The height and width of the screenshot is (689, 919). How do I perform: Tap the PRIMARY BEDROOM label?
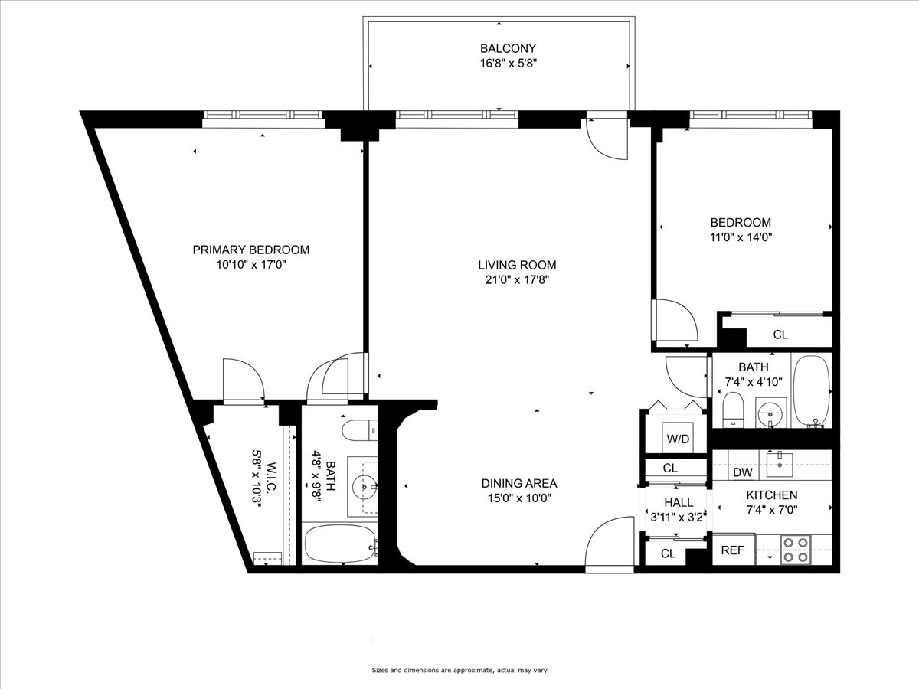tap(250, 250)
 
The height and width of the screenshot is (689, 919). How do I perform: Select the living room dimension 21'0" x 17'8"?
tap(517, 279)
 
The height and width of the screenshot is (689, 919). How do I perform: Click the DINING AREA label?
tap(518, 483)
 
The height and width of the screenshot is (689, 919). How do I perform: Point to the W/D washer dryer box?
tap(676, 439)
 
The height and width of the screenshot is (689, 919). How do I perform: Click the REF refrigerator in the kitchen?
tap(733, 550)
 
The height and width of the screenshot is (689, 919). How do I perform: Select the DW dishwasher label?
tap(742, 473)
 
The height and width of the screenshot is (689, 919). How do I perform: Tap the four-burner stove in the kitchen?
tap(796, 550)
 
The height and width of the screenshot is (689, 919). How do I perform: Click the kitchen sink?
tap(780, 461)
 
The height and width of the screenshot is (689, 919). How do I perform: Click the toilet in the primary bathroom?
tap(358, 430)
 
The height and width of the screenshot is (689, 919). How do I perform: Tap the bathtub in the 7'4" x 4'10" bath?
tap(812, 390)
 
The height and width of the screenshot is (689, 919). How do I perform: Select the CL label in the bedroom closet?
tap(780, 335)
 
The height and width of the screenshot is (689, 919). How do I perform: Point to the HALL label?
tap(679, 503)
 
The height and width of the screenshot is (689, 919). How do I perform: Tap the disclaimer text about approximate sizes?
tap(459, 671)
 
